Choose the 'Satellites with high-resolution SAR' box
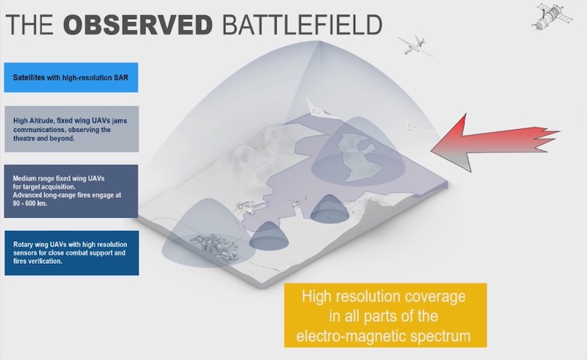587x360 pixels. [x=71, y=77]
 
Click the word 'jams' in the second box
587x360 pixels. [x=120, y=120]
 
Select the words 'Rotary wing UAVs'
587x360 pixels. [x=40, y=243]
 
